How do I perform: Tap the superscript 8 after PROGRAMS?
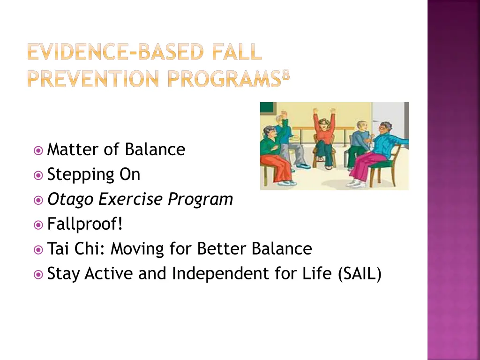(286, 75)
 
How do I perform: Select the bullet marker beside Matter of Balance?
(38, 150)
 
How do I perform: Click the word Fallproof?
(85, 225)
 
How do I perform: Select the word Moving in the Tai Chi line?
(137, 249)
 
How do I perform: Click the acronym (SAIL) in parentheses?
(360, 274)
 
